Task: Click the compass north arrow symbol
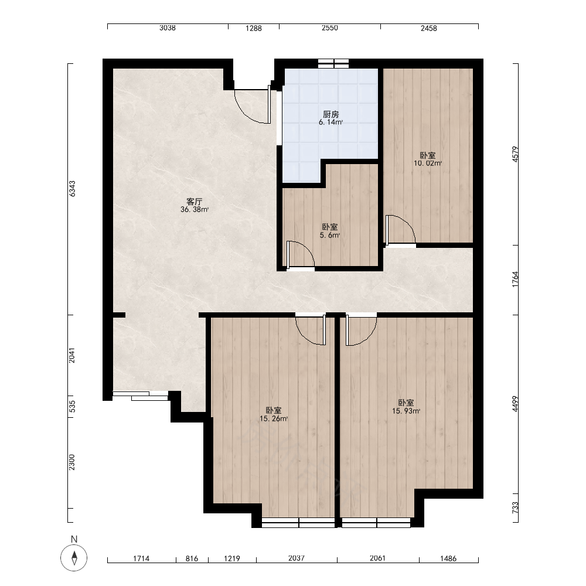74,558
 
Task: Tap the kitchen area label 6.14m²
331,122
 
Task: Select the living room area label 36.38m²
195,210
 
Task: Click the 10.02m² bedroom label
428,163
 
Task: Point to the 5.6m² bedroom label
329,235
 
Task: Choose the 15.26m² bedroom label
274,418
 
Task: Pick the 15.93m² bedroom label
406,411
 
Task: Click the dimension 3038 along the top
168,28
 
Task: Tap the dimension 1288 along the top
253,28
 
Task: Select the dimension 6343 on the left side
71,189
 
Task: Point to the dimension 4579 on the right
515,154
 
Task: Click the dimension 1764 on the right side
515,280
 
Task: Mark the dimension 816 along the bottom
192,558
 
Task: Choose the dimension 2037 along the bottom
297,558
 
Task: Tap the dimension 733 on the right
515,507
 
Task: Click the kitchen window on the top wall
333,63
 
